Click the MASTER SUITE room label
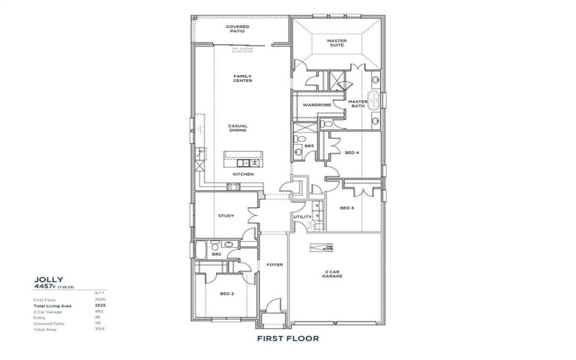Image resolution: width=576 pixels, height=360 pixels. point(336,43)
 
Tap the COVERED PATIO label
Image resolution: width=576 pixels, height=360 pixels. point(238,29)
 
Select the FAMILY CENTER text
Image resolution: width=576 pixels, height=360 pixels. point(242,78)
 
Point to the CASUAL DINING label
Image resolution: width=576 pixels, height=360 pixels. point(238,128)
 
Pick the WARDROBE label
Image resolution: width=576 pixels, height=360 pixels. point(316,105)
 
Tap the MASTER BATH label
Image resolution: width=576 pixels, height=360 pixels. point(358,104)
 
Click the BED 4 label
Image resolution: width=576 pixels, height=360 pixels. point(352,153)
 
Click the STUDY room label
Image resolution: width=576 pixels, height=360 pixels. point(225,215)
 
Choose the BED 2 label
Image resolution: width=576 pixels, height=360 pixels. point(228,293)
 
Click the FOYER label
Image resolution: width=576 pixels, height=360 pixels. point(275,265)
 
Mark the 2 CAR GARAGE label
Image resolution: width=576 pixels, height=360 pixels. point(332,274)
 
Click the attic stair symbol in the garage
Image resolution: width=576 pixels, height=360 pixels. point(322,248)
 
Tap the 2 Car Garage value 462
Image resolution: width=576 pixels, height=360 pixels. point(99,311)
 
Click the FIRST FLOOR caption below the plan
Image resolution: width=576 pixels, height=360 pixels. point(287,337)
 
